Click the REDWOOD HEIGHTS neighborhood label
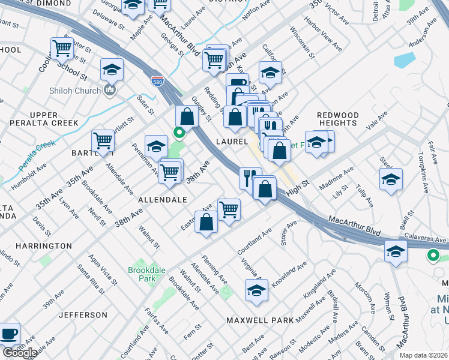[x=337, y=119]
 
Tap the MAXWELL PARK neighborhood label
[x=260, y=320]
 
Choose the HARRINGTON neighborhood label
[x=44, y=246]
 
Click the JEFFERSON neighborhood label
[x=83, y=314]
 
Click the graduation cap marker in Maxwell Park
[x=256, y=290]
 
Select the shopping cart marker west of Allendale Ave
[x=103, y=141]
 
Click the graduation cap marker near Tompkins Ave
[x=391, y=179]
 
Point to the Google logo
[x=19, y=352]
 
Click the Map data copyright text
[x=424, y=355]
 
